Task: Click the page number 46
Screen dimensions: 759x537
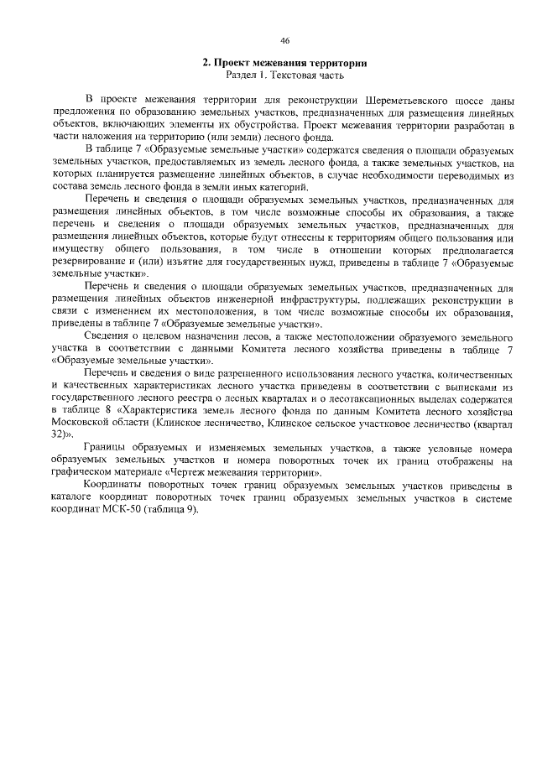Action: coord(285,40)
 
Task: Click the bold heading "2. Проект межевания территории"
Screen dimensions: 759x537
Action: coord(285,63)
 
